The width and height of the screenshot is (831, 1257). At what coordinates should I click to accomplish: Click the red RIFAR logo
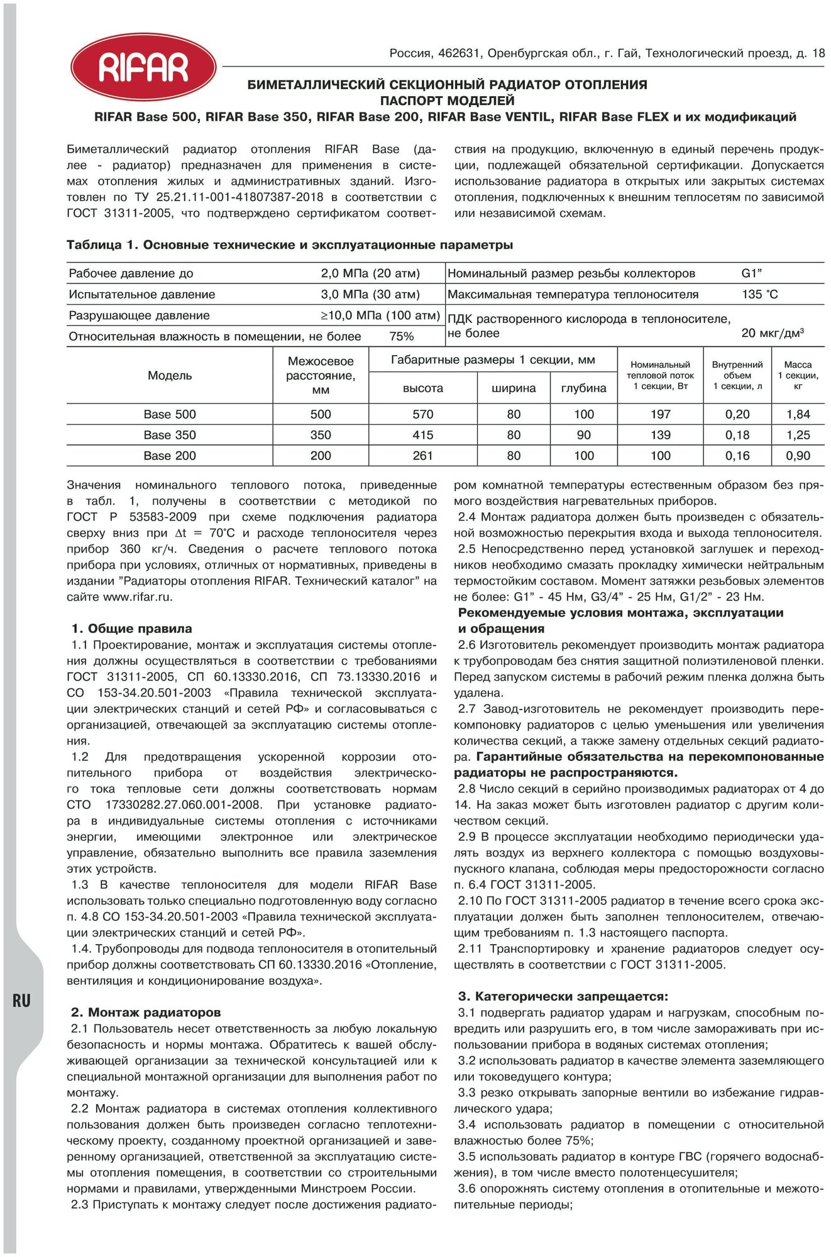pos(143,67)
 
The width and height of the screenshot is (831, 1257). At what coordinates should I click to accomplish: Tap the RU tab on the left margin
pos(21,1000)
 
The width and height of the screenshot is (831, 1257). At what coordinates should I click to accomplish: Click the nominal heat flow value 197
pos(660,414)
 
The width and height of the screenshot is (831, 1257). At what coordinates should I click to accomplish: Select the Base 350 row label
pos(170,435)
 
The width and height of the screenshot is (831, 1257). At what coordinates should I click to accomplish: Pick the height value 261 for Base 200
pos(422,456)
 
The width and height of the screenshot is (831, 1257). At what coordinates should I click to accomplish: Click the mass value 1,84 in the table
pos(798,414)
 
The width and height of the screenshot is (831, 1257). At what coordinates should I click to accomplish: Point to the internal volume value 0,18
pos(737,435)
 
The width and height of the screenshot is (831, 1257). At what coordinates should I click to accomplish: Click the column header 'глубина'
pos(583,388)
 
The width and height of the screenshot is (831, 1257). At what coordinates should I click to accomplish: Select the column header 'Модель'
pos(170,376)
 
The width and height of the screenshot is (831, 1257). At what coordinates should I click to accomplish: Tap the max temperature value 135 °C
pos(759,294)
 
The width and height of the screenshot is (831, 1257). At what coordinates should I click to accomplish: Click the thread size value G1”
pos(752,273)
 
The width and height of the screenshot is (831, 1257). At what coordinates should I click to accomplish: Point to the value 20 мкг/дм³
pos(773,333)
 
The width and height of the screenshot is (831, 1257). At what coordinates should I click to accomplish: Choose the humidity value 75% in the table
pos(401,336)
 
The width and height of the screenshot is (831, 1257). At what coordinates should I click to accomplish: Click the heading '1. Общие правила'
pos(131,628)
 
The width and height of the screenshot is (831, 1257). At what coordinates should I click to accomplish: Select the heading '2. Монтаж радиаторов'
pos(146,1013)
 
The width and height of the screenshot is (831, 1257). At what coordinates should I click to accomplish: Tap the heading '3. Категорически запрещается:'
pos(563,996)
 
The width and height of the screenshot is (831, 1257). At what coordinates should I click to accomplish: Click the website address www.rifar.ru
pos(137,597)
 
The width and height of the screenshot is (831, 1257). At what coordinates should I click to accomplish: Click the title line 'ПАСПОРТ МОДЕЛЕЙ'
pos(447,101)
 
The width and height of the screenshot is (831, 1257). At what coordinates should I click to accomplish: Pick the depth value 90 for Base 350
pos(583,435)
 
